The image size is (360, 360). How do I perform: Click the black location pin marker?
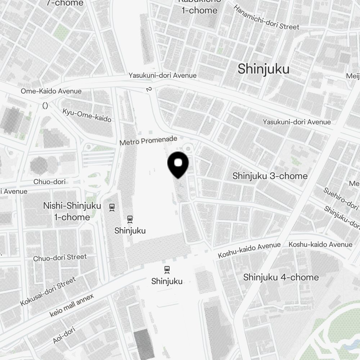178,164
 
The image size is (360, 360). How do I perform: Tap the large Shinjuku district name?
263,69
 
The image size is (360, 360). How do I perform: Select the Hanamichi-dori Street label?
266,17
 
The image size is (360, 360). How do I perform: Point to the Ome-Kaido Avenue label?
51,91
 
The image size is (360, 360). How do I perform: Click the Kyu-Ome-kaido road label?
87,115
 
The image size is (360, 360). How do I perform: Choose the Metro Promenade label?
148,140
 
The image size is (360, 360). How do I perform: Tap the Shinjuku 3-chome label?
270,176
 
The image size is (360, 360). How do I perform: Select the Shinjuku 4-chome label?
281,277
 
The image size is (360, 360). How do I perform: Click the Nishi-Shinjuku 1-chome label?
67,211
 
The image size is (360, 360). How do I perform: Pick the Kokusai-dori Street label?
48,291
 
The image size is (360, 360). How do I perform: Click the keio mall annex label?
72,305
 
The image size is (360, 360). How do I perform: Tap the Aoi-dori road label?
64,335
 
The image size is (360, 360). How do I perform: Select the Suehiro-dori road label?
340,198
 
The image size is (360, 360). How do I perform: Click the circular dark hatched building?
39,165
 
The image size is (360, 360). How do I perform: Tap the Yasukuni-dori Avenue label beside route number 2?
163,75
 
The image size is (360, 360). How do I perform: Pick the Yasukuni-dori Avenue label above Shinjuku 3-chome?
297,122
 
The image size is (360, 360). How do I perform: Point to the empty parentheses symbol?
45,105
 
